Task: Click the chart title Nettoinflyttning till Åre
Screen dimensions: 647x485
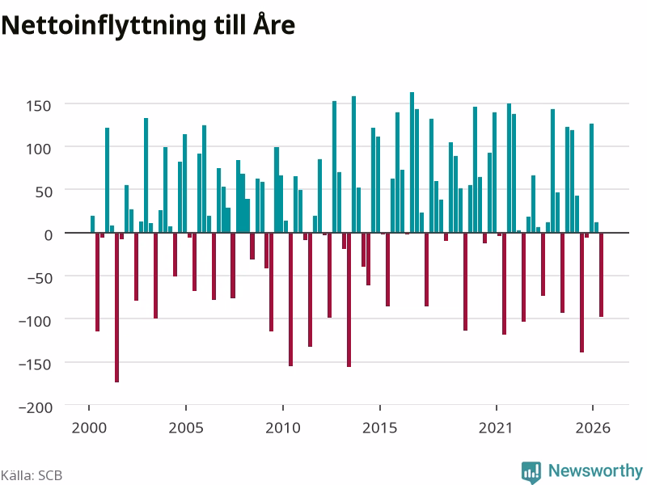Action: click(x=148, y=25)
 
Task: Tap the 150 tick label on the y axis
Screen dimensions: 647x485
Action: click(x=38, y=106)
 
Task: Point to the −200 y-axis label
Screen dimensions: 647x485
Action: click(x=36, y=407)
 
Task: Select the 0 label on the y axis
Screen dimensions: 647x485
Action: click(x=49, y=235)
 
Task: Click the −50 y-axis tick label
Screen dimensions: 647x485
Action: click(x=40, y=278)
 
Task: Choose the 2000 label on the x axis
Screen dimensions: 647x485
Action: click(x=89, y=428)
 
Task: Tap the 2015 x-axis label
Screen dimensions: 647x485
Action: click(x=379, y=428)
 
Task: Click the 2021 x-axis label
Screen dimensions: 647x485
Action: click(x=496, y=428)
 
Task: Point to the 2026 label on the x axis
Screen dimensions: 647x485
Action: click(x=593, y=428)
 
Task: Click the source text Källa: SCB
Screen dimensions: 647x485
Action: click(x=32, y=475)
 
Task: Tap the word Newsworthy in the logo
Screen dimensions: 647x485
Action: click(x=595, y=470)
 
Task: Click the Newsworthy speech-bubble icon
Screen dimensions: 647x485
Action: click(x=531, y=472)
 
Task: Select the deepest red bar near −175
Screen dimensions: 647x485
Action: click(x=116, y=307)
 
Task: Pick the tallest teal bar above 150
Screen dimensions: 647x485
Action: click(x=412, y=162)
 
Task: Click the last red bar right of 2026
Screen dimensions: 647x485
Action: click(x=601, y=275)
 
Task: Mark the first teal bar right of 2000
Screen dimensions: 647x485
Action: click(x=92, y=225)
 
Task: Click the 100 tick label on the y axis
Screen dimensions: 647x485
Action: click(x=38, y=149)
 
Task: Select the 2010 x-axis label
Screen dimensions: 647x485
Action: click(x=282, y=428)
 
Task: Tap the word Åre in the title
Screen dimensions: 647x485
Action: click(x=274, y=24)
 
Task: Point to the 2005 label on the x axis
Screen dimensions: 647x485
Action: click(x=186, y=428)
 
